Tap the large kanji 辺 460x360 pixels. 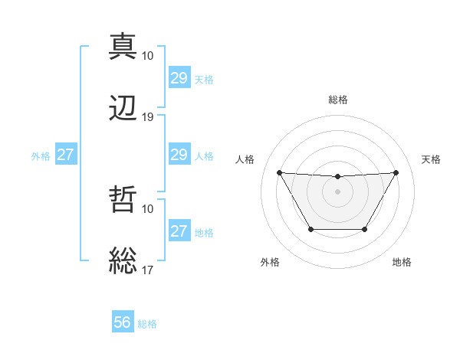click(x=123, y=108)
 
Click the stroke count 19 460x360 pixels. click(x=148, y=117)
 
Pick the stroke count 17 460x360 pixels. click(x=148, y=270)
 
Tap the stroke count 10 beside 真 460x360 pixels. click(x=148, y=55)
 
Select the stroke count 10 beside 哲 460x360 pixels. click(x=148, y=208)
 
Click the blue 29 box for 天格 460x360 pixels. click(x=179, y=78)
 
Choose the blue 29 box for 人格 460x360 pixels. click(x=179, y=155)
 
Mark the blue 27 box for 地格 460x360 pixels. click(x=179, y=231)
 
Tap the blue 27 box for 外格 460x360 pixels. click(x=65, y=155)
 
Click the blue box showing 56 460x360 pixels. click(x=123, y=322)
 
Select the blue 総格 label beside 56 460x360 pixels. click(x=147, y=324)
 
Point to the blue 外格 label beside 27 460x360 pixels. click(x=41, y=156)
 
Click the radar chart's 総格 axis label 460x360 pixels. click(x=338, y=100)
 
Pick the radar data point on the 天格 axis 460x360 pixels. click(x=396, y=172)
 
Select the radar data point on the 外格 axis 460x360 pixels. click(x=310, y=229)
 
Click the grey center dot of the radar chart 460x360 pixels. click(x=338, y=191)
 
